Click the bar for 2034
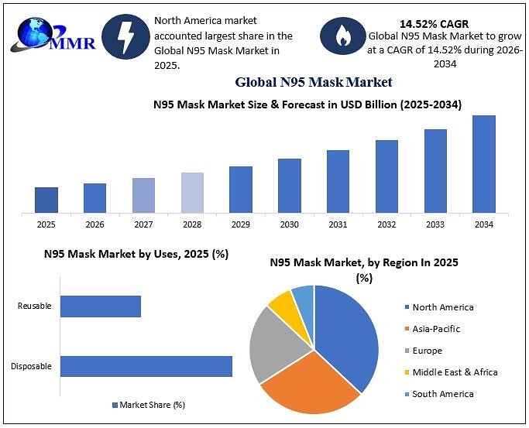tap(484, 164)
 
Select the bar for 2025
tap(46, 200)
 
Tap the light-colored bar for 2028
tap(192, 193)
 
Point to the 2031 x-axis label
tap(338, 224)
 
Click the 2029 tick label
tap(241, 224)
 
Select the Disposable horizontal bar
tap(146, 366)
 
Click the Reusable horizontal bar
tap(101, 306)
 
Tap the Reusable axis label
tap(34, 306)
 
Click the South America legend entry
tap(439, 394)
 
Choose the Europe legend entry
tap(424, 351)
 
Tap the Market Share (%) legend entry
tap(149, 405)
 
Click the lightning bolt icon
tap(125, 36)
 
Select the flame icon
tap(343, 36)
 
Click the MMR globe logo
tap(53, 35)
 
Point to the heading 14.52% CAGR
tap(435, 24)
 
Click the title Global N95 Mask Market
tap(314, 82)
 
